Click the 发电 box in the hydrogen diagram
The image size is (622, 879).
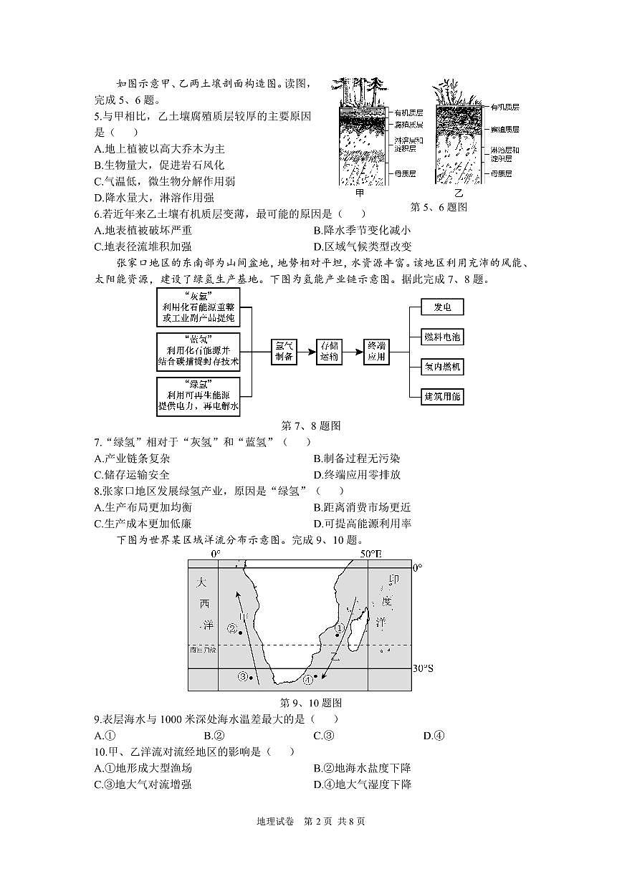click(441, 307)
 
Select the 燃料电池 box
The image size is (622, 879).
click(441, 337)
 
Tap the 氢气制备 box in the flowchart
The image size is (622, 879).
click(284, 350)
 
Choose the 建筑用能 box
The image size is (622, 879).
click(441, 396)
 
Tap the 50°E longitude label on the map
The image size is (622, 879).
click(371, 554)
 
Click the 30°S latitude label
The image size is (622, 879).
click(423, 668)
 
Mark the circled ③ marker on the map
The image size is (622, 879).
click(243, 676)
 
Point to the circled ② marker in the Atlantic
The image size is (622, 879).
click(232, 629)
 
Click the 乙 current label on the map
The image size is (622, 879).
click(335, 656)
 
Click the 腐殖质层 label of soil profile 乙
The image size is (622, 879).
click(505, 129)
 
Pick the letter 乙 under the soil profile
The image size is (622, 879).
click(459, 194)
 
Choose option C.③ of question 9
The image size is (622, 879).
click(324, 735)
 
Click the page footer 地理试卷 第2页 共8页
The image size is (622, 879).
click(310, 821)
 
